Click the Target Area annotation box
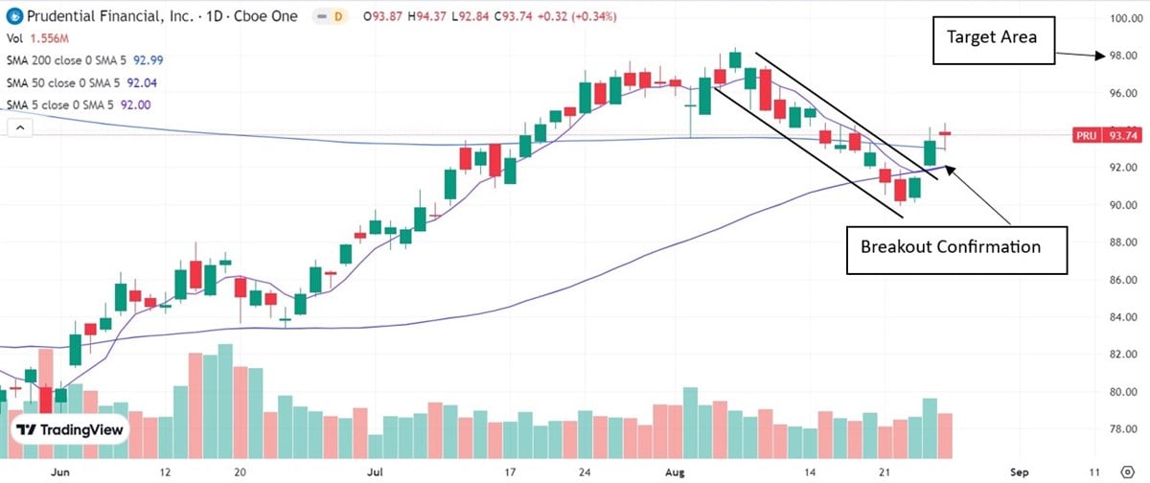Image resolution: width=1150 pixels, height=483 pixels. point(994,37)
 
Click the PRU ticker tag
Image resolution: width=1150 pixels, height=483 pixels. point(1087,136)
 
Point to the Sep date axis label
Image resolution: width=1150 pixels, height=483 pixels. point(1020,472)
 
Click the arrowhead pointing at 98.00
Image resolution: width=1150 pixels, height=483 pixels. point(1103,56)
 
